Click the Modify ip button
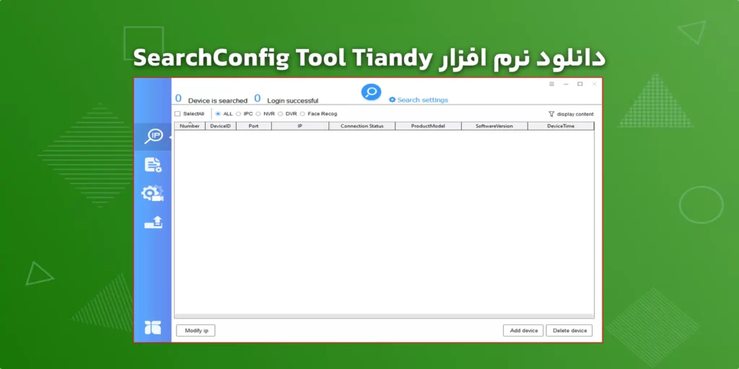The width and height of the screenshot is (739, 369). [x=196, y=330]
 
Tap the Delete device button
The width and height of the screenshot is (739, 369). [x=569, y=330]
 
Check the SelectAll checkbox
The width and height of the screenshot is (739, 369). [x=178, y=114]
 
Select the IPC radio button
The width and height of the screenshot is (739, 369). [x=239, y=114]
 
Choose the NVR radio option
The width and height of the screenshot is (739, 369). [x=258, y=114]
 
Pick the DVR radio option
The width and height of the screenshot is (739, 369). [x=281, y=114]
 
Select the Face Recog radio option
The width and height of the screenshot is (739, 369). [x=303, y=114]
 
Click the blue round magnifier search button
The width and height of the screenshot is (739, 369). [x=371, y=92]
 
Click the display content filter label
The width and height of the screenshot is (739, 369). [x=574, y=114]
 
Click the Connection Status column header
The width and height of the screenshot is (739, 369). [x=362, y=126]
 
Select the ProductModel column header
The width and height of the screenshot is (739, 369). [x=428, y=126]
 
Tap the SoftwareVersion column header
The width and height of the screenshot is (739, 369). [x=494, y=126]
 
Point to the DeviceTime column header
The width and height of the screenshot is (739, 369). [x=560, y=126]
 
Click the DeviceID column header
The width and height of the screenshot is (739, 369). [x=220, y=126]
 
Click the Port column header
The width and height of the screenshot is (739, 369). [x=253, y=126]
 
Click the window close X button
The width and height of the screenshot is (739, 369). [x=595, y=84]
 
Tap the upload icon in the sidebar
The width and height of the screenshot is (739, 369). [x=153, y=222]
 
